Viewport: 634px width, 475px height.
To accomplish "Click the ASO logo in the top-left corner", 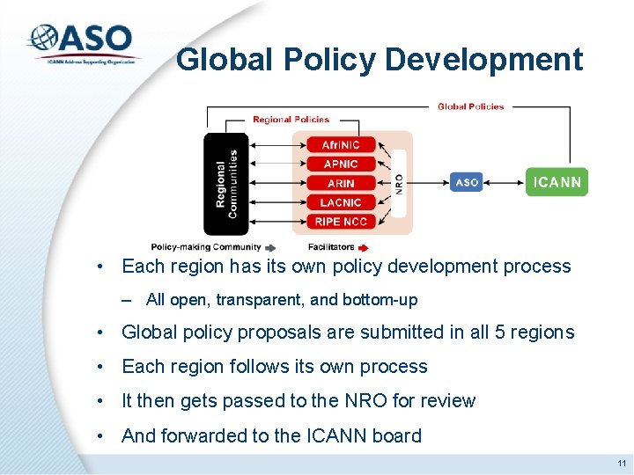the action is [83, 42].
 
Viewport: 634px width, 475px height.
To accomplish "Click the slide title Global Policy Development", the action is [379, 60].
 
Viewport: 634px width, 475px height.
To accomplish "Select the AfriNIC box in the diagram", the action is [341, 145].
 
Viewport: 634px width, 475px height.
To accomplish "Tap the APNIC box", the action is [341, 164].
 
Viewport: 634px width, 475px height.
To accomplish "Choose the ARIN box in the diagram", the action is [341, 184].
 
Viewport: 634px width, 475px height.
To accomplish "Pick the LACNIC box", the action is [341, 203].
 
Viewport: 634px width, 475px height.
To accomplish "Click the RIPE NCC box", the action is [341, 222].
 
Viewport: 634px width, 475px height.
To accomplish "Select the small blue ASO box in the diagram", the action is [467, 183].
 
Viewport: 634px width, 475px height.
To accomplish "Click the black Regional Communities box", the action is [226, 184].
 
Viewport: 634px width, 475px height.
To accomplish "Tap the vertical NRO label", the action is [399, 183].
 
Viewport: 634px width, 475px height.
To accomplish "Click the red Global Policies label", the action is [471, 106].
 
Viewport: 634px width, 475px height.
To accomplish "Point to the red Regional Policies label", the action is [291, 120].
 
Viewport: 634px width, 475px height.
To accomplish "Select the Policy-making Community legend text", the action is [206, 247].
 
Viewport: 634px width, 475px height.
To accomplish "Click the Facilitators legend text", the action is [331, 247].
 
